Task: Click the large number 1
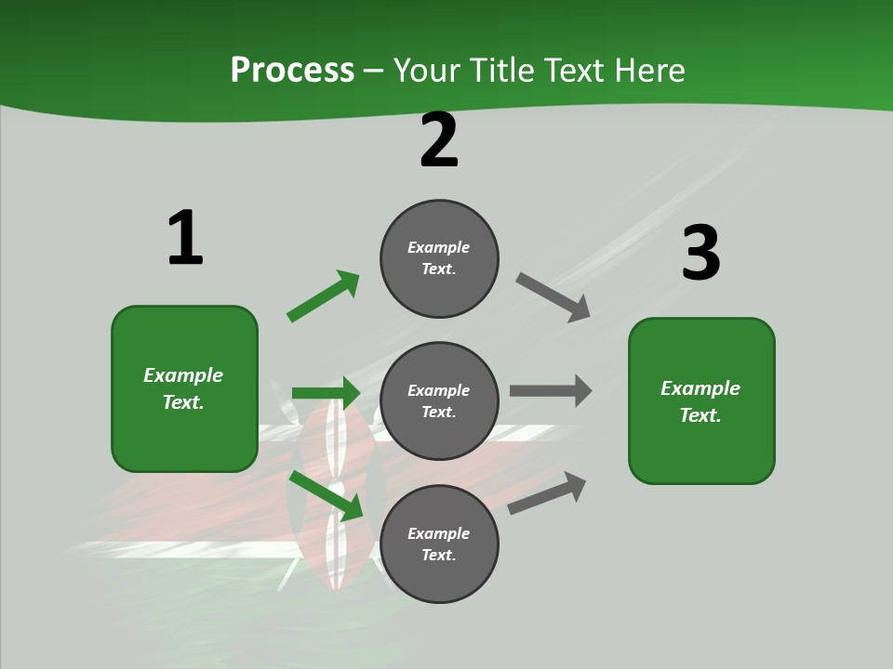[185, 239]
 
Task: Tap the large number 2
[439, 141]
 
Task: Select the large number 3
[700, 254]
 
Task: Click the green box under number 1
[184, 388]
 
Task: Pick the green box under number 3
[701, 400]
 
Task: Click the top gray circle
[439, 258]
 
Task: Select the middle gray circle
[439, 400]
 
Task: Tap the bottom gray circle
[439, 544]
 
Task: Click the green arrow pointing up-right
[324, 295]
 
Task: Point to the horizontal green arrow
[326, 393]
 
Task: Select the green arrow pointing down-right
[327, 495]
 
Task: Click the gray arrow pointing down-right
[553, 296]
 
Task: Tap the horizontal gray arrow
[551, 390]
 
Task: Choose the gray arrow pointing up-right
[547, 492]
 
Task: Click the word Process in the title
[292, 70]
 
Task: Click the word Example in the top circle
[439, 247]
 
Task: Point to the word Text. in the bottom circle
[439, 555]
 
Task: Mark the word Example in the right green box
[700, 388]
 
